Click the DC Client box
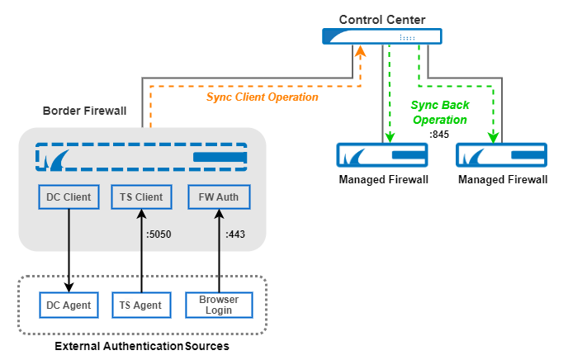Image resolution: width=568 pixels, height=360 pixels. (70, 197)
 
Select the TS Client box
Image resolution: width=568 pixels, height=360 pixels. (141, 197)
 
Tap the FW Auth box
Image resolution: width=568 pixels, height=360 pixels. (219, 197)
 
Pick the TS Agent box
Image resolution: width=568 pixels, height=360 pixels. (141, 305)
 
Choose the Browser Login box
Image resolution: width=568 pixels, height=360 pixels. (219, 305)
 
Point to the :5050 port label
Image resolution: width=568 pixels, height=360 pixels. (159, 234)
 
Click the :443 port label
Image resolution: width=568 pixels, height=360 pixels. (236, 234)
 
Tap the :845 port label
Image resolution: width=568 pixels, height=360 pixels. (439, 135)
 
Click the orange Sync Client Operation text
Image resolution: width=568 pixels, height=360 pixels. (262, 97)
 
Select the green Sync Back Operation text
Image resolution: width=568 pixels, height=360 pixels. (439, 112)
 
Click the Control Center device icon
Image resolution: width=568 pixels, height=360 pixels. (381, 36)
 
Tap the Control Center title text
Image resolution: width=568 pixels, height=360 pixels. (381, 17)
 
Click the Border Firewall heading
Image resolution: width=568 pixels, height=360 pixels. (84, 110)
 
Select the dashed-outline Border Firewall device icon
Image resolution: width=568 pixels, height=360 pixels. (141, 157)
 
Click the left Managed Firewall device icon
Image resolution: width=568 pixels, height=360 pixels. (381, 156)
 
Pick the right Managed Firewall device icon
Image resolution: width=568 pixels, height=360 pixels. (503, 156)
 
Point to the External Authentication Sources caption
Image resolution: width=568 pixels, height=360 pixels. (141, 345)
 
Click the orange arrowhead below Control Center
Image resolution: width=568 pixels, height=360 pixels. (360, 51)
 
